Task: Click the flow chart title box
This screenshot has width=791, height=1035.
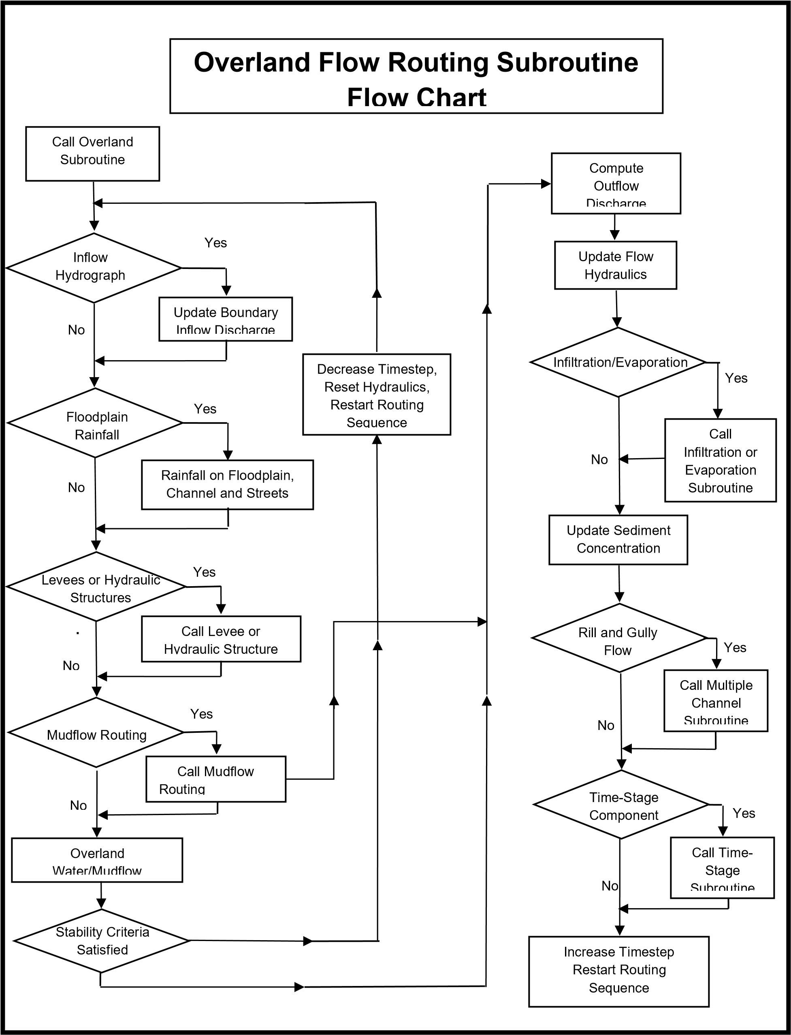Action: coord(416,76)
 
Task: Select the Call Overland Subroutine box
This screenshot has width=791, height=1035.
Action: coord(92,154)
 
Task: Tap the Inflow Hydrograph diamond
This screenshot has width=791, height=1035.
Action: coord(94,267)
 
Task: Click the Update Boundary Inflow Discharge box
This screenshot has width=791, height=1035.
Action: coord(226,319)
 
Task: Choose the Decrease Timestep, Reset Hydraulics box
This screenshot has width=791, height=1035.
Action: coord(377,394)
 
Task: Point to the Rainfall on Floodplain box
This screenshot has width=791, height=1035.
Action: coord(227,484)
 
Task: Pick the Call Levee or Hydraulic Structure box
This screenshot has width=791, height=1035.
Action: coord(221,638)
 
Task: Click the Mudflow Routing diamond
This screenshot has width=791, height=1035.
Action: coord(96,732)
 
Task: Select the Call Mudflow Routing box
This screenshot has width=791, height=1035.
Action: coord(215,779)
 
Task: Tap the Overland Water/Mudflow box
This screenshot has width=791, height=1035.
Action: coord(97,860)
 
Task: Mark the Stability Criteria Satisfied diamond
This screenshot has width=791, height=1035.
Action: coord(102,941)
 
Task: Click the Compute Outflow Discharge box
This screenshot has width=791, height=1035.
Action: coord(616,183)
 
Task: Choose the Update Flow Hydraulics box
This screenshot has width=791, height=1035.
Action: coord(615,265)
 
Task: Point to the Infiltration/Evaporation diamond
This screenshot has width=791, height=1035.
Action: coord(618,362)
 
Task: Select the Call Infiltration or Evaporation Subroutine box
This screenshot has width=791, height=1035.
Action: coord(721,460)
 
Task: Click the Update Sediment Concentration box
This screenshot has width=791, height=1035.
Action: coord(618,540)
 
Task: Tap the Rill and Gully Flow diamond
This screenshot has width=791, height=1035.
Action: coord(619,638)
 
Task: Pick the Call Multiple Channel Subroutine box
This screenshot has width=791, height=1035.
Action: coord(716,701)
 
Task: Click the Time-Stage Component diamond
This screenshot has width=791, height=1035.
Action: coord(621,804)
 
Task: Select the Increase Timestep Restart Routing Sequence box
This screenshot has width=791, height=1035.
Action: coord(619,971)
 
